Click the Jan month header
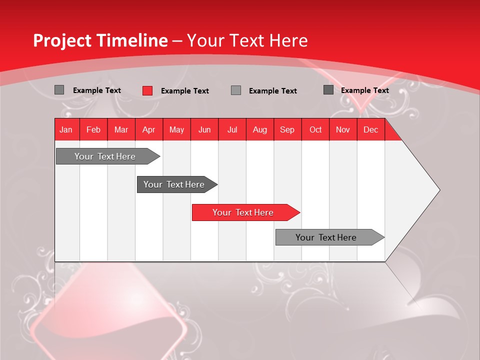(x=66, y=129)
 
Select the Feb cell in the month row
(x=93, y=129)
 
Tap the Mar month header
(x=121, y=129)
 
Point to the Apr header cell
(x=149, y=129)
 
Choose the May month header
(x=176, y=129)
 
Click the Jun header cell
(x=204, y=129)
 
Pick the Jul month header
(x=232, y=129)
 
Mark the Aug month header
(x=260, y=129)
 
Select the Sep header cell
(x=287, y=129)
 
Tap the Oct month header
(x=315, y=129)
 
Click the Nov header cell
(x=343, y=129)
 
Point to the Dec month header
(x=371, y=129)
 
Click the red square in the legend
(x=147, y=90)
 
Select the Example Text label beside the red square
(x=184, y=91)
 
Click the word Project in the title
(x=62, y=40)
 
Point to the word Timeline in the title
(x=132, y=40)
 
